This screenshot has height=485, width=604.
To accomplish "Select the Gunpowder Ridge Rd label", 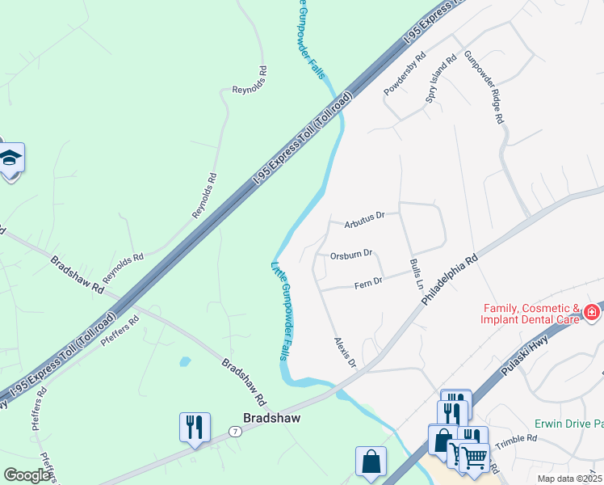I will [484, 87].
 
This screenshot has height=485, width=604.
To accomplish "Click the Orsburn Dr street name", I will [350, 254].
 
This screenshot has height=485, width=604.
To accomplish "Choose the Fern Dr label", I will [367, 280].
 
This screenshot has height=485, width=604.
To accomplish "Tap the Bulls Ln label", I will [416, 274].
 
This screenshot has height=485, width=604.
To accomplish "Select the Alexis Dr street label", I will [345, 352].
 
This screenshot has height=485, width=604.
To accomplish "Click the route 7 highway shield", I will [234, 432].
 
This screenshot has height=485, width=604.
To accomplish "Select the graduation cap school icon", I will [10, 158].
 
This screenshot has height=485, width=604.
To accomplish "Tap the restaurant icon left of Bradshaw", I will [195, 426].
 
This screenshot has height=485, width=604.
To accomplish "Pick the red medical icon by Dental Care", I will [592, 312].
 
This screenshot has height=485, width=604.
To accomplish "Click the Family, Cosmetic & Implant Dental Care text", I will [532, 314].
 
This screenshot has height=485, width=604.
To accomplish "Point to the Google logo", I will [27, 475].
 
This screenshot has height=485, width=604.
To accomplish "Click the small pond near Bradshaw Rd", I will [186, 361].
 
